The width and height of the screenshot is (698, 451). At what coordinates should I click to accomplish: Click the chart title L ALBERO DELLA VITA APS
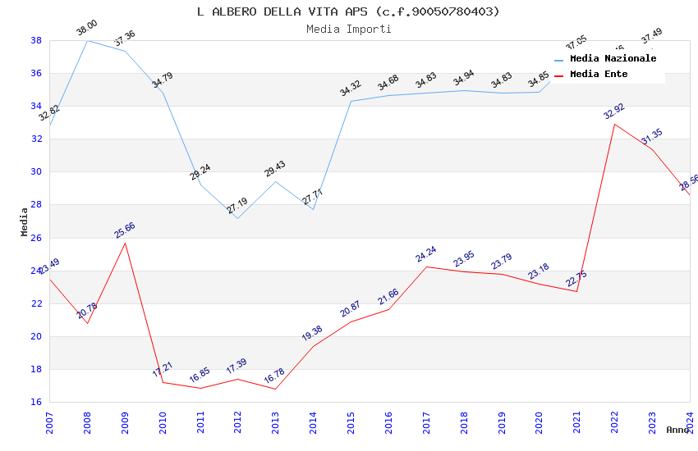point(348,11)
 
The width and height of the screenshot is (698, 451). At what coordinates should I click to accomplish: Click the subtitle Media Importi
point(348,29)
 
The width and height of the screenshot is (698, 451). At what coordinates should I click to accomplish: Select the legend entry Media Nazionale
point(613,58)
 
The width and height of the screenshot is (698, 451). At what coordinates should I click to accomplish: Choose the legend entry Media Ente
point(599,74)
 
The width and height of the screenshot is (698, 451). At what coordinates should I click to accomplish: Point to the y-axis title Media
point(25,221)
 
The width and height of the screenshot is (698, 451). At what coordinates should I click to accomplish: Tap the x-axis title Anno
point(677,430)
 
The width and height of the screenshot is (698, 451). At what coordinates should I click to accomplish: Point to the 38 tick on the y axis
point(36,40)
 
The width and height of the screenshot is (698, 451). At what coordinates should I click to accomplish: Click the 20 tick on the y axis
point(36,336)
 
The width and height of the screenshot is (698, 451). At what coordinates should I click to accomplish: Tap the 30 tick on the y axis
point(36,172)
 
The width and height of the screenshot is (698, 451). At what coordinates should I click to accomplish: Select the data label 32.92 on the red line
point(614,112)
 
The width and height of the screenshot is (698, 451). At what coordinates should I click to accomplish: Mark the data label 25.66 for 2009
point(125,230)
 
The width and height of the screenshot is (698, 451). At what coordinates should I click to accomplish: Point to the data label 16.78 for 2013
point(274,376)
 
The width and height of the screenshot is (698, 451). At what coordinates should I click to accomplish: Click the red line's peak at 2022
point(614,124)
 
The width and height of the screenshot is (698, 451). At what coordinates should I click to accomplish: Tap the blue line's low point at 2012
point(237,218)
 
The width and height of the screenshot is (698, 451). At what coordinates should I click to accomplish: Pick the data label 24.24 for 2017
point(425,254)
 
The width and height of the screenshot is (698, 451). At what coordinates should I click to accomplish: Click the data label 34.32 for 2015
point(351,89)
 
